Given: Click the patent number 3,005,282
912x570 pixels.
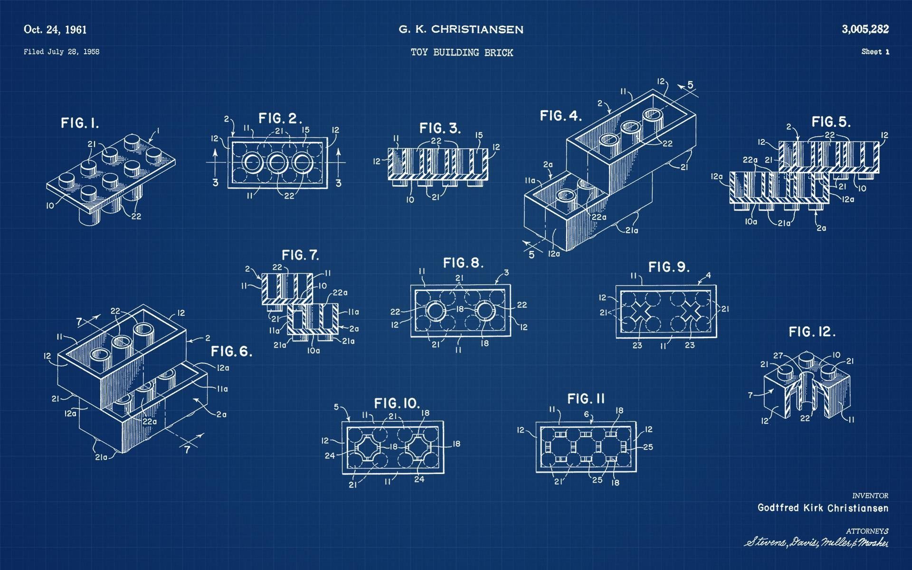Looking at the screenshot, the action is click(x=865, y=29).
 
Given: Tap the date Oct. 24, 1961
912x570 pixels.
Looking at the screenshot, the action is click(x=55, y=30).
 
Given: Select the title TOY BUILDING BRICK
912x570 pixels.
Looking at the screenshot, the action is click(x=462, y=53).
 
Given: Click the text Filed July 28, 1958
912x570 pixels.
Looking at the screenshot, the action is click(x=61, y=52).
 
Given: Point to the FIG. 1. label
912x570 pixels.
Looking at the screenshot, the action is click(x=80, y=123).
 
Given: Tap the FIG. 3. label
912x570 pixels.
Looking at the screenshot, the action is click(x=440, y=128).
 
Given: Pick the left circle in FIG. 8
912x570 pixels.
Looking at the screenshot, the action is click(x=435, y=312).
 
